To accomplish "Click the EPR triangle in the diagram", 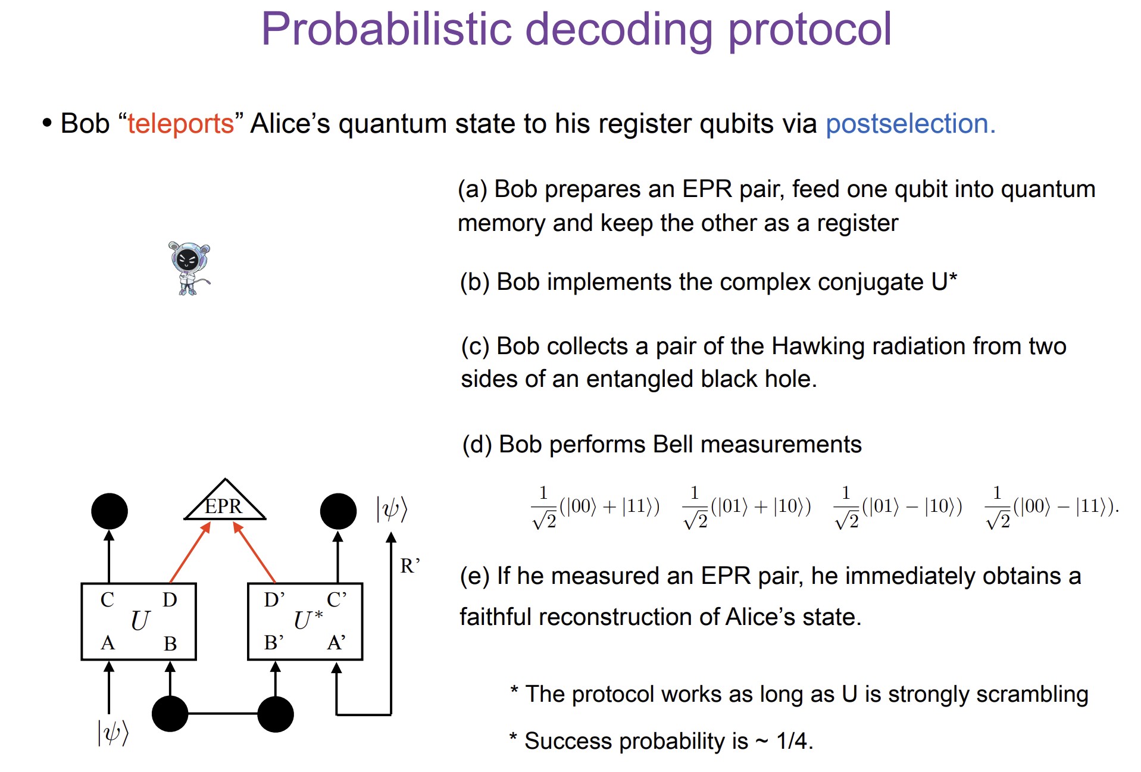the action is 224,501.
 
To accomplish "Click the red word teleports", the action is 180,124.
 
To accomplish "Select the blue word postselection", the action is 910,124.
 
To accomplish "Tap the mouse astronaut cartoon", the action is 189,268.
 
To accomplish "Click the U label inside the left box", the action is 140,621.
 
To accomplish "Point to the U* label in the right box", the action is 308,620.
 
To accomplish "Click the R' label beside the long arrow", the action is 410,565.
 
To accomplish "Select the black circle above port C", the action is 110,511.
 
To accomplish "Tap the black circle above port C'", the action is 338,511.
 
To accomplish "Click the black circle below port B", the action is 170,714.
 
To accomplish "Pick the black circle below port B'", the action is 276,714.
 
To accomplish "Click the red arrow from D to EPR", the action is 190,552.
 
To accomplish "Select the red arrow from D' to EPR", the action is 254,552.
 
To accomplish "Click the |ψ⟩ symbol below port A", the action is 113,732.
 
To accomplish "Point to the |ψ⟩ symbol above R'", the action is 392,509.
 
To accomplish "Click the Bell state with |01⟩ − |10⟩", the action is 898,508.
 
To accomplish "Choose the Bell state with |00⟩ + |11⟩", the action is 595,508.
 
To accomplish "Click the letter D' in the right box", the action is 274,599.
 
